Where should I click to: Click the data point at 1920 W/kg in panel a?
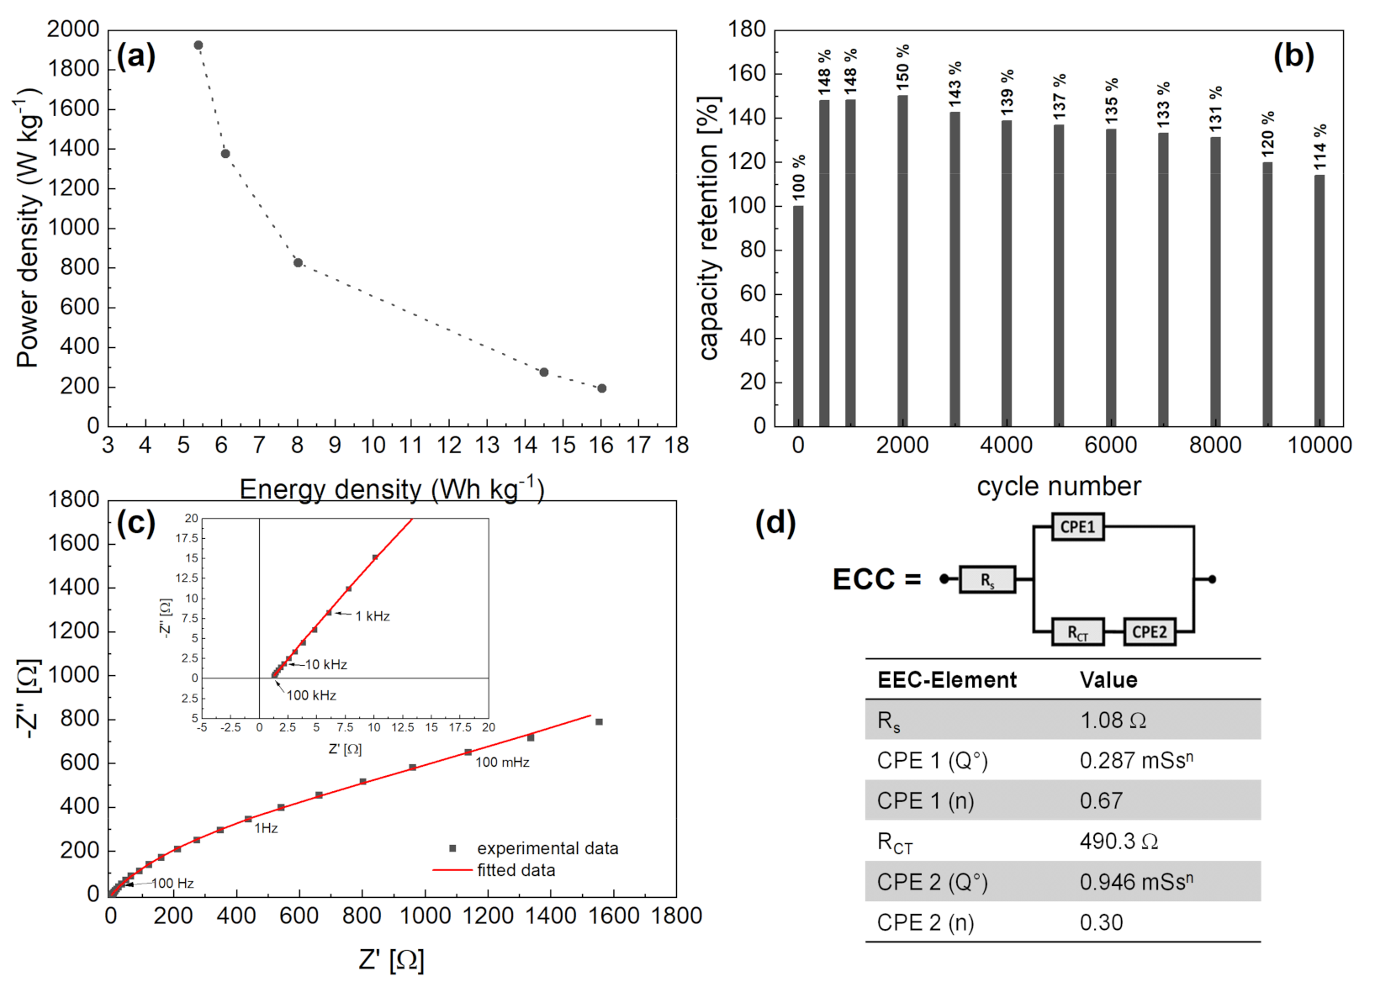click(198, 45)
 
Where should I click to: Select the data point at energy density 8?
click(298, 263)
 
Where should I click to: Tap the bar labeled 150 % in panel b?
click(902, 261)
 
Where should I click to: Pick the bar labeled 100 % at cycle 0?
click(798, 315)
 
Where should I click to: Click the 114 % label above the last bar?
click(1320, 146)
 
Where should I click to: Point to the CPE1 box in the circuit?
click(1077, 527)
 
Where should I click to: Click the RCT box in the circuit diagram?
click(1077, 632)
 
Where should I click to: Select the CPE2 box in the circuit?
click(1149, 632)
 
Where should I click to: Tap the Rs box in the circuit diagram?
click(987, 580)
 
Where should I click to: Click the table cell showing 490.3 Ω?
click(1119, 842)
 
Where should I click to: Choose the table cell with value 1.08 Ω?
click(1113, 720)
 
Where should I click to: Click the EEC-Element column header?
click(947, 680)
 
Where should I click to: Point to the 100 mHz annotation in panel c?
click(502, 763)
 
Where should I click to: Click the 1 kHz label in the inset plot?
click(373, 616)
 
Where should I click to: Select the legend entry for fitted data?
click(516, 871)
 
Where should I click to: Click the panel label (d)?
click(775, 523)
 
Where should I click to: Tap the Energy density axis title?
click(392, 489)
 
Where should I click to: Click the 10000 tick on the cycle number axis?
click(1319, 446)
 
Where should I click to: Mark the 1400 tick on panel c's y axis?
click(74, 588)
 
